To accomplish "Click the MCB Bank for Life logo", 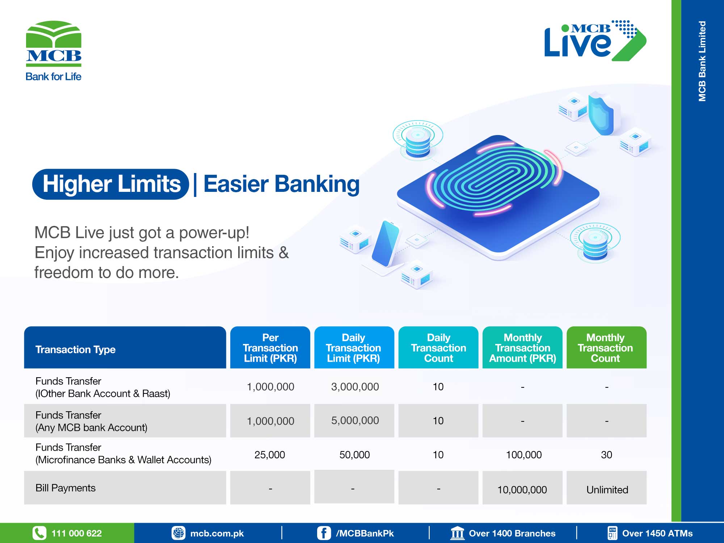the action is click(54, 51).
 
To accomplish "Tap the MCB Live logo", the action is click(595, 40).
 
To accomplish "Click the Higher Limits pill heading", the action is click(111, 184).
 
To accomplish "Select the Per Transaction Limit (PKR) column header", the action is click(270, 348).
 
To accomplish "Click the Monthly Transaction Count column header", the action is click(606, 348).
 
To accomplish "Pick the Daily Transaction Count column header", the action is click(438, 348).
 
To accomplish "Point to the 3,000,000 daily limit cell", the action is click(355, 387).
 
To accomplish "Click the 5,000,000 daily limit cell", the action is click(355, 420).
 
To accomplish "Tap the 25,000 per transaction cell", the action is click(270, 455).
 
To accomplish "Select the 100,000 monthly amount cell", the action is click(523, 455).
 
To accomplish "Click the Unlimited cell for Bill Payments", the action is click(607, 490).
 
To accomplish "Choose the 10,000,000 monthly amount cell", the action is click(522, 490).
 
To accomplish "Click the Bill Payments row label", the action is click(66, 488).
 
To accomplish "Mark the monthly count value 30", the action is click(606, 455).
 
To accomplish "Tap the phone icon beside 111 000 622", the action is click(39, 533).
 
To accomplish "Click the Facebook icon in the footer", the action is click(324, 533).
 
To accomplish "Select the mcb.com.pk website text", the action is click(217, 533).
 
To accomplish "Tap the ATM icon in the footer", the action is click(612, 533).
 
